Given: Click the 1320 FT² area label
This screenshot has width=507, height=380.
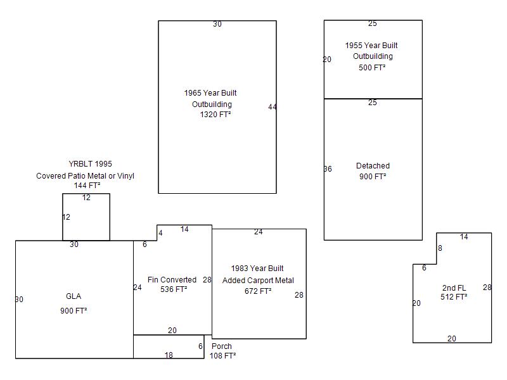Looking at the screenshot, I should click(215, 115).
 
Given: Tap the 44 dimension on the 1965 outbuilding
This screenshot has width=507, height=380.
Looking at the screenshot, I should click(273, 107).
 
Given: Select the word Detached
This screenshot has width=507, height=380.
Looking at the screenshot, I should click(373, 166).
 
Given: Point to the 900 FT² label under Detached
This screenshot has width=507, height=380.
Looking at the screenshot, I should click(373, 177).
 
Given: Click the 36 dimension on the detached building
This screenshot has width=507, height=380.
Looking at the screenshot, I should click(328, 169).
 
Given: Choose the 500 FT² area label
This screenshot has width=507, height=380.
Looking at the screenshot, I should click(373, 68).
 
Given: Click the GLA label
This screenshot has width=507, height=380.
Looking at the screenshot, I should click(74, 296).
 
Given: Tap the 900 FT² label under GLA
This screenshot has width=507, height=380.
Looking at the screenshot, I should click(74, 311).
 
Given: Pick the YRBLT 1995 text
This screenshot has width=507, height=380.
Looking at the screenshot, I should click(90, 164).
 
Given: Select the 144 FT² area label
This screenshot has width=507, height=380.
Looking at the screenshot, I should click(87, 186).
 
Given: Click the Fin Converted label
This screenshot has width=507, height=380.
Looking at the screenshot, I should click(172, 280).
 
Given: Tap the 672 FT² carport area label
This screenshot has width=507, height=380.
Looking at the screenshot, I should click(258, 291).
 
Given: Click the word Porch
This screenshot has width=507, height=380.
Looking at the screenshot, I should click(222, 346).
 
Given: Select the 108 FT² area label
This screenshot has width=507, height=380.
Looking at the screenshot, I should click(223, 356).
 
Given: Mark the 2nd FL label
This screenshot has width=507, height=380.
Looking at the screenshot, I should click(454, 288).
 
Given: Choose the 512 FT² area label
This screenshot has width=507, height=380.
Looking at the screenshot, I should click(454, 297).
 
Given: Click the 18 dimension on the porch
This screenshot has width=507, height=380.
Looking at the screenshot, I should click(169, 355).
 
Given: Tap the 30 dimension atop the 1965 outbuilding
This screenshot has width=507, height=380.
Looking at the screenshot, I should click(217, 24).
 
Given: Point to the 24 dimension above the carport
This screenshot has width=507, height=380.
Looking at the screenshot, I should click(259, 232).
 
